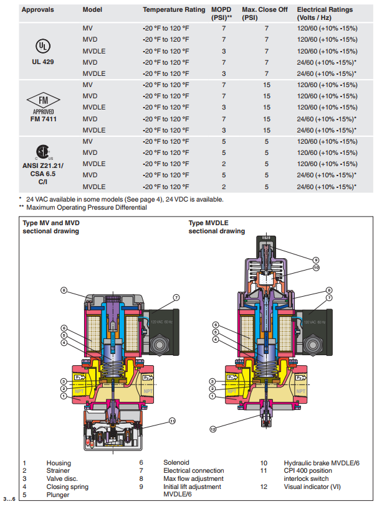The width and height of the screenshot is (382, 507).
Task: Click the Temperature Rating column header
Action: (x=174, y=10)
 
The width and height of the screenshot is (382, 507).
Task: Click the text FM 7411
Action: (x=43, y=118)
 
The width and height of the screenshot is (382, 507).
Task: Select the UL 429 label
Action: (x=43, y=62)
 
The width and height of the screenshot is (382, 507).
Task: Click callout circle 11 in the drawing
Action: (x=172, y=421)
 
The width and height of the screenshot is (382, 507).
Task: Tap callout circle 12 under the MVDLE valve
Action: (x=212, y=429)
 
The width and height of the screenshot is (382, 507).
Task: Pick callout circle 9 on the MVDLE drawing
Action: (x=316, y=259)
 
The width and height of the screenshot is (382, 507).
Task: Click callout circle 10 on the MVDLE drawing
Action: (x=316, y=267)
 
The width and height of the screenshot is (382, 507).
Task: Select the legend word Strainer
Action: (x=58, y=471)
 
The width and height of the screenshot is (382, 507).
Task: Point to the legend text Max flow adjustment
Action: (x=193, y=479)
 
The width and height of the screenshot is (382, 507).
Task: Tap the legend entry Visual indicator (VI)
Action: (x=312, y=487)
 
